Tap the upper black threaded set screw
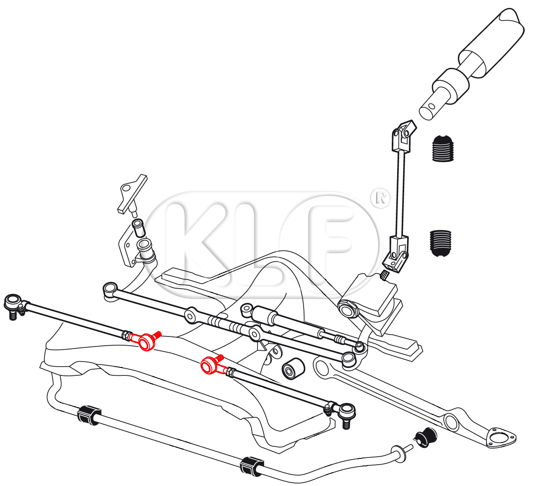tap(442, 149)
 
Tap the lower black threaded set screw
tap(440, 243)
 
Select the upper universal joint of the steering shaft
tap(403, 136)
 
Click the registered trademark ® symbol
tap(380, 198)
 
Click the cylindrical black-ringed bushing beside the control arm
tap(293, 368)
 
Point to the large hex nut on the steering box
tap(348, 309)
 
